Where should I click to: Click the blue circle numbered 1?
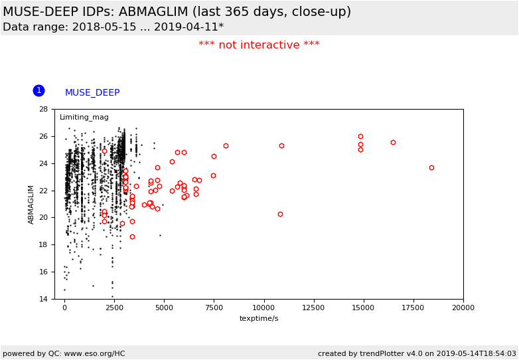38,90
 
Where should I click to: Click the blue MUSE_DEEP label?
92,93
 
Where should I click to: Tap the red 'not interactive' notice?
259,45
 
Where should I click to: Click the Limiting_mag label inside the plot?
84,118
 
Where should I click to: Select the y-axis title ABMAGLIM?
31,204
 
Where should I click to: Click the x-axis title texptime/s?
259,319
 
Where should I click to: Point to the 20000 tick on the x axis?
463,308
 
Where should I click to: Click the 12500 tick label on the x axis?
313,308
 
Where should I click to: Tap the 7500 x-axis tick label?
214,308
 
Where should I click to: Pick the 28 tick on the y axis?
43,109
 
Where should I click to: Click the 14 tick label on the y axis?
43,299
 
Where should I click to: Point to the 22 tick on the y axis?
43,191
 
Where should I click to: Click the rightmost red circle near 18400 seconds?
431,167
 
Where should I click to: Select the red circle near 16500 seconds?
393,142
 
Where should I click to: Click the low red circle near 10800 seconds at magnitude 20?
280,214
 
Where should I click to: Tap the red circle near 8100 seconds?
226,145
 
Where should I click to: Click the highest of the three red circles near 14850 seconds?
360,136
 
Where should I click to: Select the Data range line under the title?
113,27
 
